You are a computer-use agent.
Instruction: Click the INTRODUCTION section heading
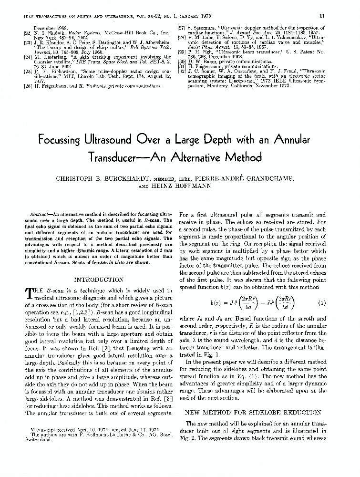click(99, 280)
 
